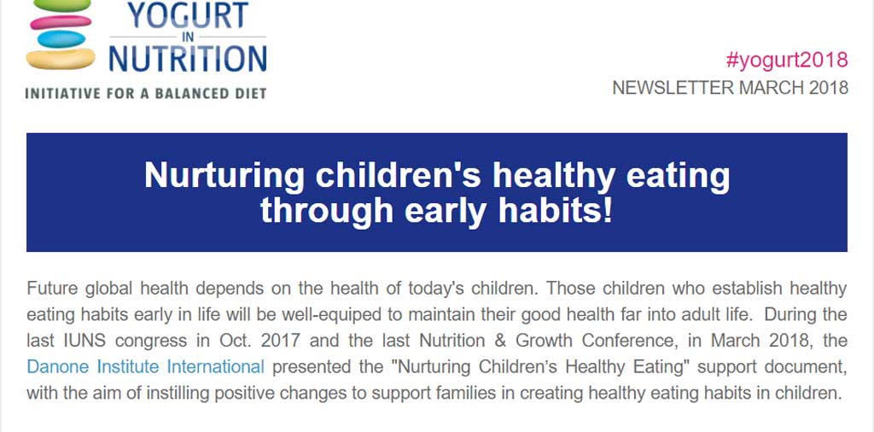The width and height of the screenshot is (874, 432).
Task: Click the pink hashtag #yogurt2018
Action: click(786, 60)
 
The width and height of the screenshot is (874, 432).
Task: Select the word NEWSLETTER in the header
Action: click(669, 88)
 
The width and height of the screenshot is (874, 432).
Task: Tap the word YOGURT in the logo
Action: click(188, 15)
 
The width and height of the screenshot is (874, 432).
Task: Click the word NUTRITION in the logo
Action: click(188, 58)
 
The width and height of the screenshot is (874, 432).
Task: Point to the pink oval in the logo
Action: click(61, 22)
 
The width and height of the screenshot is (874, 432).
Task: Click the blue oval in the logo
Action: click(61, 39)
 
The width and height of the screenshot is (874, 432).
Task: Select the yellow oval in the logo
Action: click(61, 59)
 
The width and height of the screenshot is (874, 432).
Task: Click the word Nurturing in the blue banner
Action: click(224, 176)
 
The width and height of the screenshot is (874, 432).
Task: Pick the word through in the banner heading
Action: click(327, 212)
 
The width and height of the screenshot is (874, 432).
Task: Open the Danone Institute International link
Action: click(145, 367)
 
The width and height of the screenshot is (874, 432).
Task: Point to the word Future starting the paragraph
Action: click(52, 289)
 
